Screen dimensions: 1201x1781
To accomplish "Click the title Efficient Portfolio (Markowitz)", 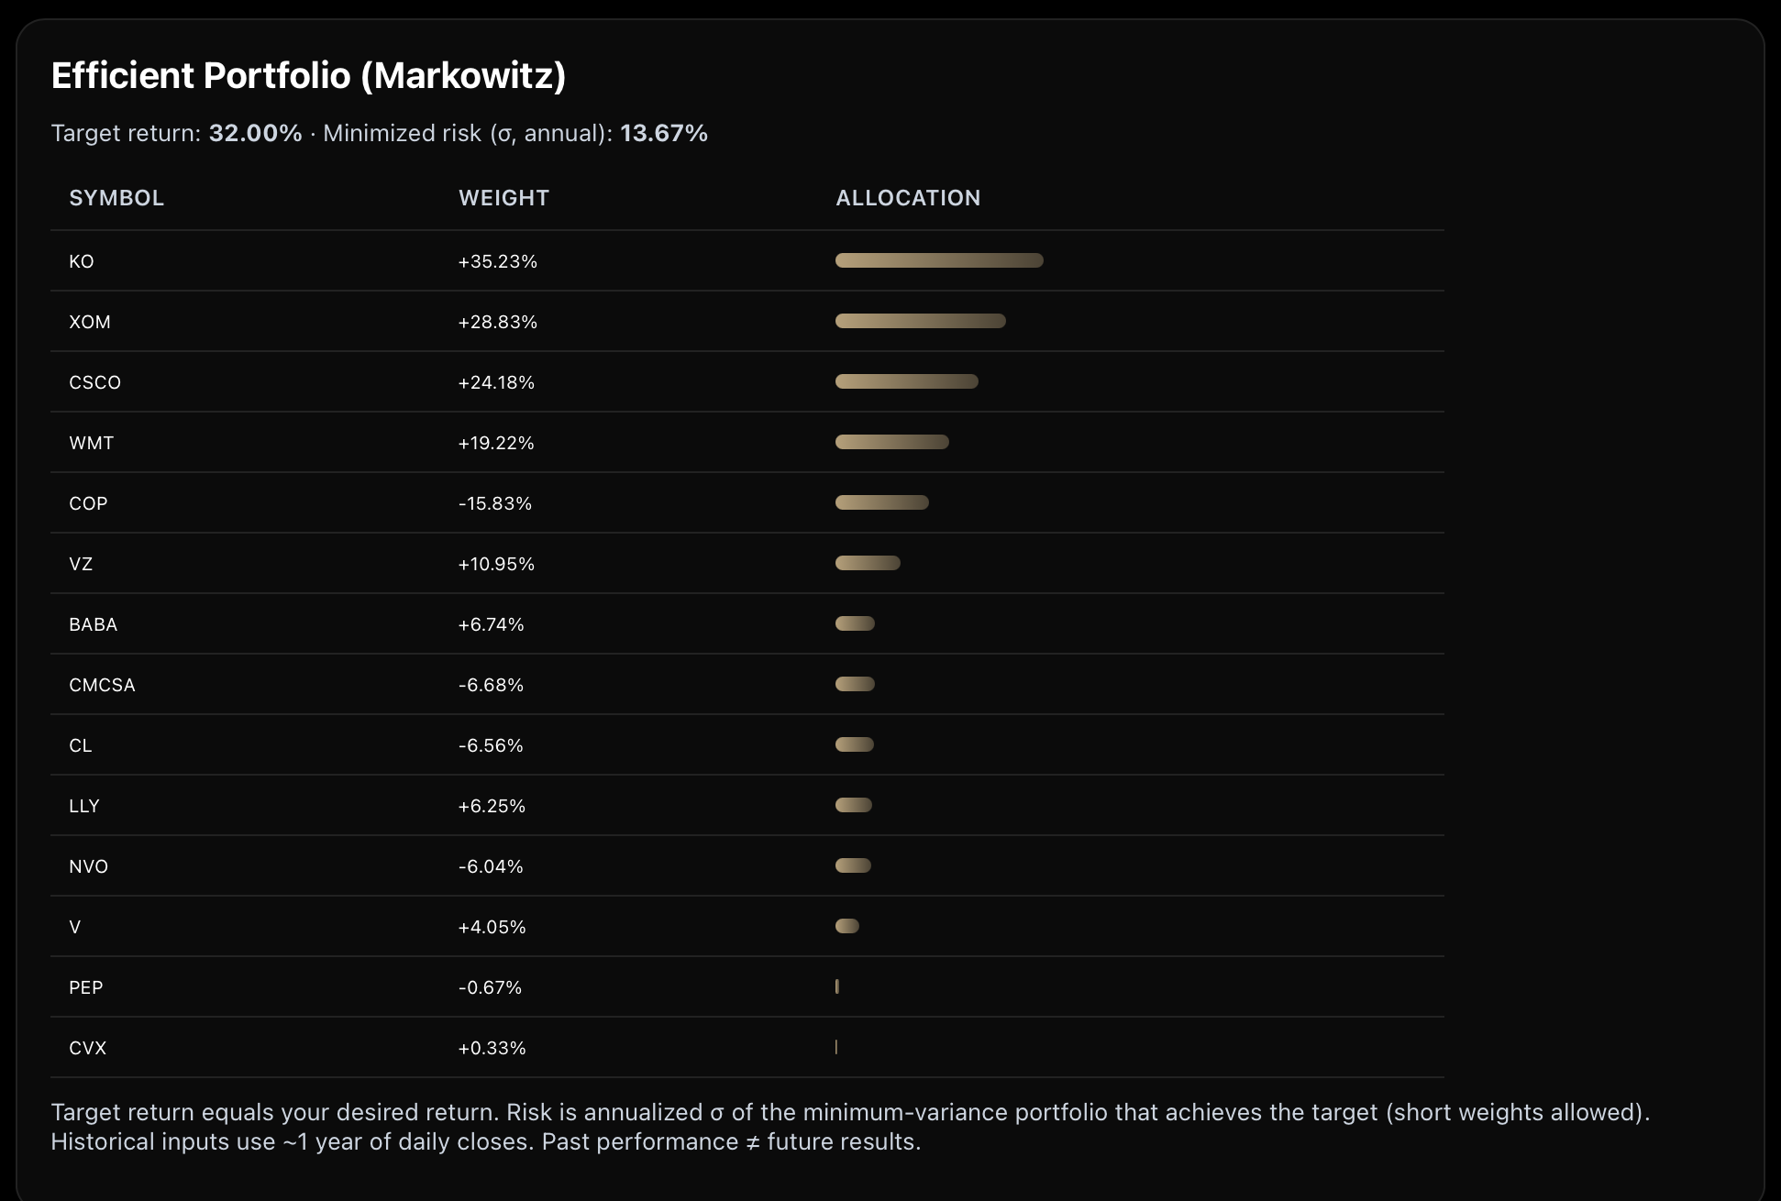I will pyautogui.click(x=308, y=76).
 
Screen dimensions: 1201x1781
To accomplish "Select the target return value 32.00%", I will pyautogui.click(x=255, y=134).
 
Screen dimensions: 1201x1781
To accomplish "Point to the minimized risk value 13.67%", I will pyautogui.click(x=663, y=134).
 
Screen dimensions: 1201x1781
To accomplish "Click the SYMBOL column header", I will pyautogui.click(x=116, y=198).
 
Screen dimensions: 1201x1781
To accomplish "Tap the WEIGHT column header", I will pyautogui.click(x=503, y=198).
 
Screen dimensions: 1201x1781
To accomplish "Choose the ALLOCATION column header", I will pyautogui.click(x=908, y=198).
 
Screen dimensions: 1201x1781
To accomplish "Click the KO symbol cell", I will pyautogui.click(x=82, y=261).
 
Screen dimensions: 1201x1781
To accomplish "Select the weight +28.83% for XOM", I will pyautogui.click(x=497, y=322).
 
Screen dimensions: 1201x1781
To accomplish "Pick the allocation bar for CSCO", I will pyautogui.click(x=906, y=381).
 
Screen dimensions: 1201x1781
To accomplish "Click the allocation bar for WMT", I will pyautogui.click(x=891, y=442).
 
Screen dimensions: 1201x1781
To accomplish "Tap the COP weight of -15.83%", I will pyautogui.click(x=494, y=503).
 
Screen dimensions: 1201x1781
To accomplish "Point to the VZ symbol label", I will pyautogui.click(x=81, y=564).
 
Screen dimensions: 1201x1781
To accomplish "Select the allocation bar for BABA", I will pyautogui.click(x=855, y=623).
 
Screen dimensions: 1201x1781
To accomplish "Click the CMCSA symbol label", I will pyautogui.click(x=102, y=685).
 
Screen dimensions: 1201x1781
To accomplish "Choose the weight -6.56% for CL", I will pyautogui.click(x=491, y=745).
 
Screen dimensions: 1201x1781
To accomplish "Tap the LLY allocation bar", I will pyautogui.click(x=853, y=805).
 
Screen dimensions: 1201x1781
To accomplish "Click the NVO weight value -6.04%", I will pyautogui.click(x=491, y=866).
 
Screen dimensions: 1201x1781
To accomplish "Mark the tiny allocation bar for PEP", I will pyautogui.click(x=837, y=986).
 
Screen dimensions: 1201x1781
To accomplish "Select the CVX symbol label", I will pyautogui.click(x=87, y=1048).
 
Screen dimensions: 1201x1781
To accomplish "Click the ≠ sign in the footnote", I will pyautogui.click(x=753, y=1142).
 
